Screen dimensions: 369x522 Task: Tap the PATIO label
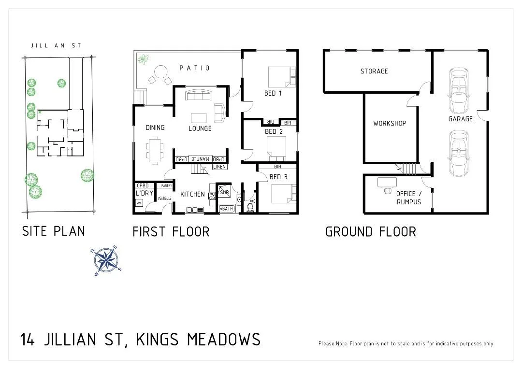click(x=195, y=68)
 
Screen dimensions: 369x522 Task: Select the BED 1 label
click(x=273, y=93)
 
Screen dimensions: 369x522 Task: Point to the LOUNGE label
click(x=200, y=128)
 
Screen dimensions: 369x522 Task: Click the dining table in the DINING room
click(x=155, y=149)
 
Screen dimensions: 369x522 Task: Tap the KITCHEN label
click(x=192, y=194)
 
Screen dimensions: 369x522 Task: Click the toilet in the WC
click(x=250, y=207)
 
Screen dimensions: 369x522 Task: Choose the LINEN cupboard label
click(x=219, y=167)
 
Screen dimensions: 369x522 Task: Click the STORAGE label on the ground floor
click(x=374, y=71)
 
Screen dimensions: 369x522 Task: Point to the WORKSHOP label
click(x=389, y=124)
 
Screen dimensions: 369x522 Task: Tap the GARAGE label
click(x=460, y=119)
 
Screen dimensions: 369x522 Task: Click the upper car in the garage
click(x=458, y=90)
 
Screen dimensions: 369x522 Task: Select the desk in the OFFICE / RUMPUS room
click(x=387, y=183)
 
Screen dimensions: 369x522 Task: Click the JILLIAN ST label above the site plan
click(x=56, y=46)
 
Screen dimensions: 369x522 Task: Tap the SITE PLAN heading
click(x=53, y=231)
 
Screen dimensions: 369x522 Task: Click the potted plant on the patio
click(x=143, y=59)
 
